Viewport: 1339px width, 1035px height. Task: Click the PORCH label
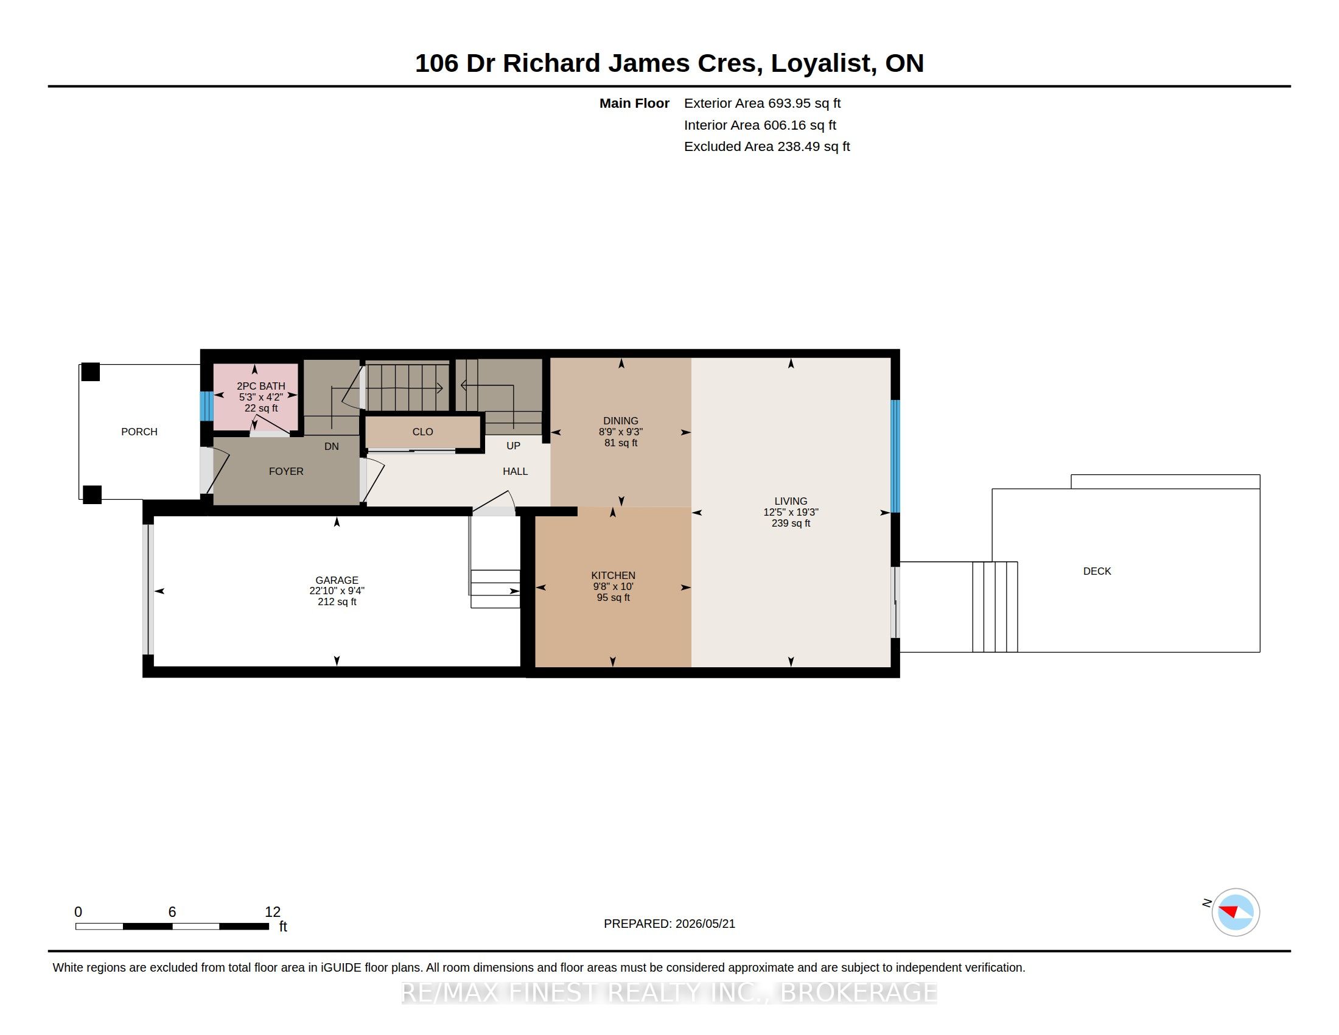[x=139, y=432]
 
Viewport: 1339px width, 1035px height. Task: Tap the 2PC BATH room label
[x=261, y=386]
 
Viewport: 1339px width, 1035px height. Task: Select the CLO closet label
[x=423, y=432]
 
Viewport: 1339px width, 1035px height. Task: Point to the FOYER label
[x=286, y=471]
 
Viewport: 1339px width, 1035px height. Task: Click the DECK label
[x=1097, y=571]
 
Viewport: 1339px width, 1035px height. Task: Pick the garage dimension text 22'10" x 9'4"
[x=337, y=591]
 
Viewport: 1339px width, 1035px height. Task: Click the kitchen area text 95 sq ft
[x=613, y=597]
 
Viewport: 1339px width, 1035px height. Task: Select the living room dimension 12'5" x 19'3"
[x=791, y=512]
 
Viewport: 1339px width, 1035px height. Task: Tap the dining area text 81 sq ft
[x=621, y=443]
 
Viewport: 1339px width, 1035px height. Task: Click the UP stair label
[x=513, y=446]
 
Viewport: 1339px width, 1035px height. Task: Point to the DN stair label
[x=332, y=446]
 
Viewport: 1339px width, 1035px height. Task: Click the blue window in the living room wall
[x=895, y=456]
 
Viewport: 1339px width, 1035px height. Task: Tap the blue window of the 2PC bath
[x=206, y=406]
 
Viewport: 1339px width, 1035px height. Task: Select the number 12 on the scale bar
[x=273, y=912]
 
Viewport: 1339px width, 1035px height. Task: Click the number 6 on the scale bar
[x=172, y=912]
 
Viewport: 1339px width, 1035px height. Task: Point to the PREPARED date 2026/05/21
[x=704, y=924]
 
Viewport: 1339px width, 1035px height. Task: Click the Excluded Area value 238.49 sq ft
[x=814, y=147]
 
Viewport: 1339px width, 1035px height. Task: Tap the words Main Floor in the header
[x=635, y=103]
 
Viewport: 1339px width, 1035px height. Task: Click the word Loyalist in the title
[x=820, y=63]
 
